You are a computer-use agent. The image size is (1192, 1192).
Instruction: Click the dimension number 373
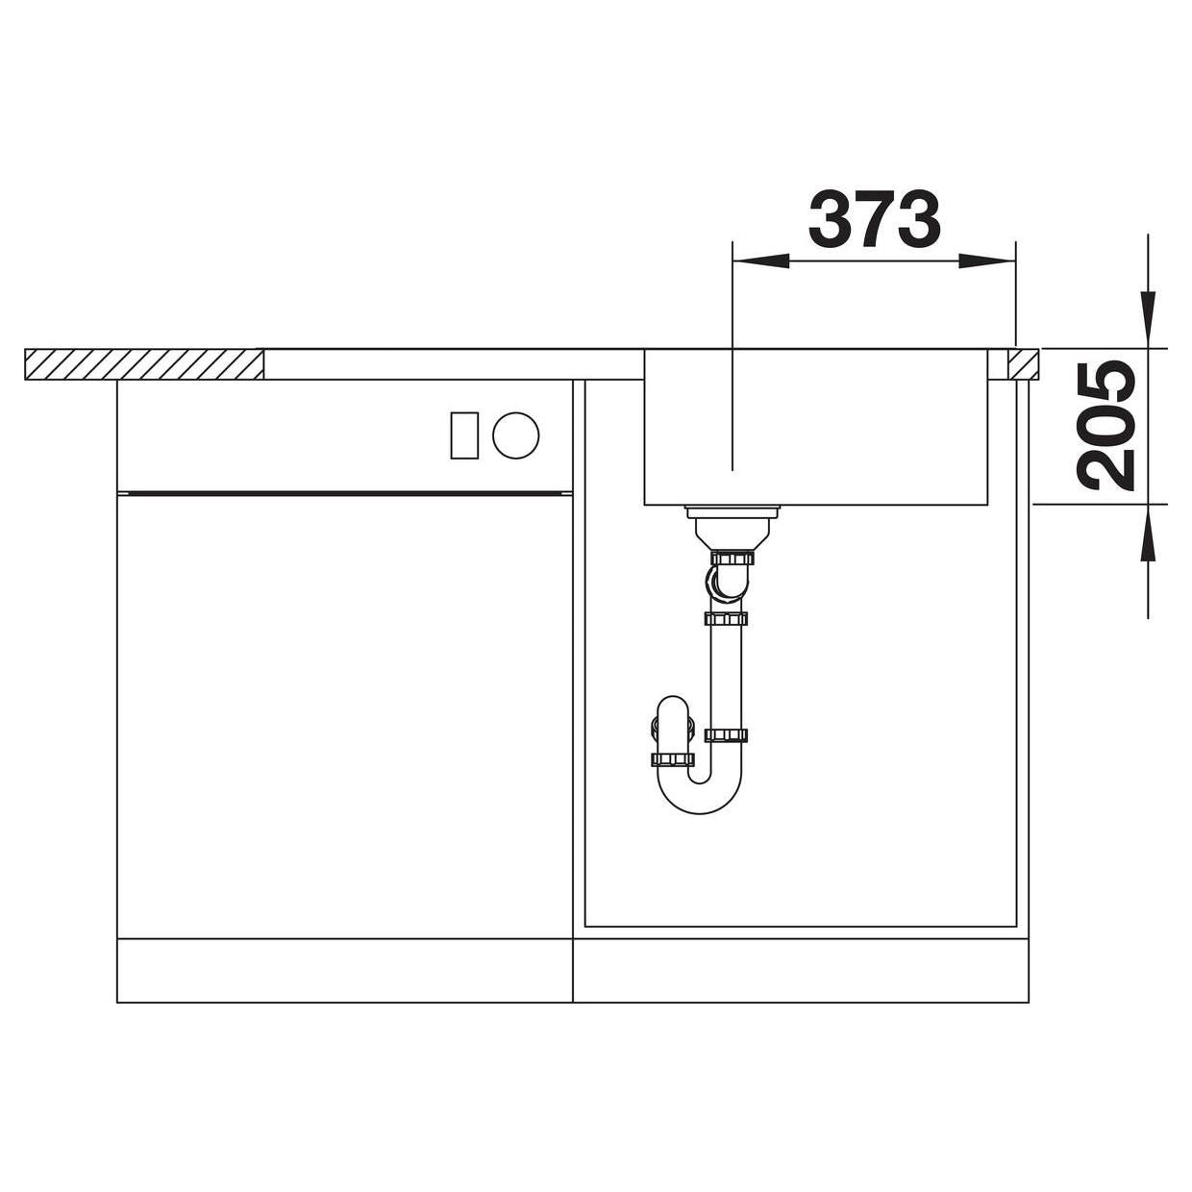(874, 218)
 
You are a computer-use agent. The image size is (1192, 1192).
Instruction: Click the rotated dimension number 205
(1109, 426)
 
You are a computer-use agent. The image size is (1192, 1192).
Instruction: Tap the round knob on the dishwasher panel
(516, 435)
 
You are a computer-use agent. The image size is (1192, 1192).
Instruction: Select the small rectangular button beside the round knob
(464, 435)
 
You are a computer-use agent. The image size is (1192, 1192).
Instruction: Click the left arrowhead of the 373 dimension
(760, 261)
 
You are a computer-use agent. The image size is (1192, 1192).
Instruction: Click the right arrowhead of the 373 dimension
(987, 261)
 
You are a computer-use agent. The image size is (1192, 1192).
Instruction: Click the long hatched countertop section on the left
(144, 364)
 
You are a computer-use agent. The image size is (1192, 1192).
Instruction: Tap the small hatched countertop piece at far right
(1024, 364)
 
